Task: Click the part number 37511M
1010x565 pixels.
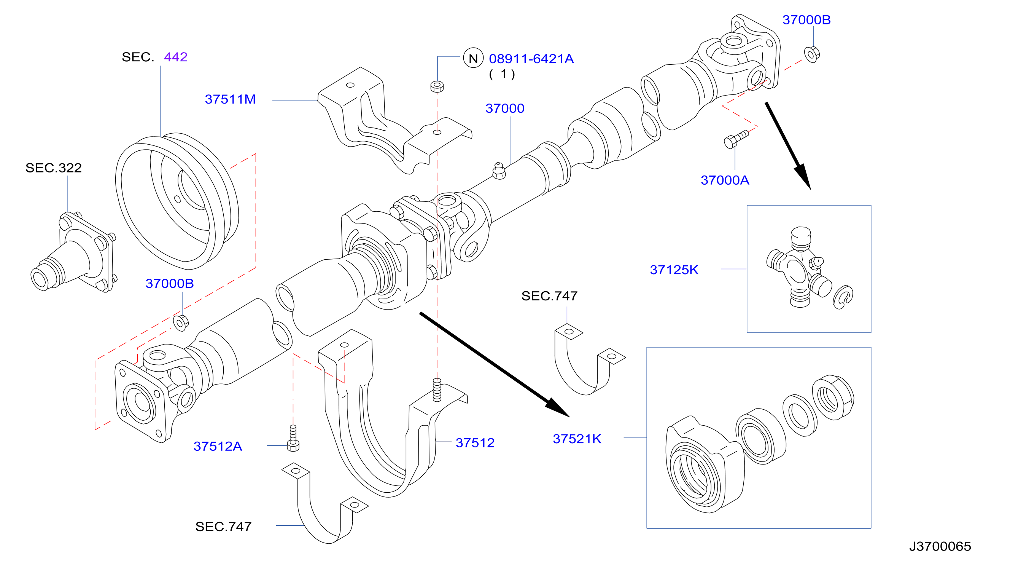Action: click(x=230, y=99)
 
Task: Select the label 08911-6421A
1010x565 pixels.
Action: click(x=531, y=59)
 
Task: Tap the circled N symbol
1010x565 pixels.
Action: click(x=473, y=58)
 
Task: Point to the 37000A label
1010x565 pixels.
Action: click(x=725, y=180)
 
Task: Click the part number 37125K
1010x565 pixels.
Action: click(x=674, y=270)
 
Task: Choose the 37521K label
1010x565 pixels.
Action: click(x=577, y=439)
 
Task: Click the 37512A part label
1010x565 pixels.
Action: click(x=218, y=446)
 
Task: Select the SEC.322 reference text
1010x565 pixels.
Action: click(x=54, y=168)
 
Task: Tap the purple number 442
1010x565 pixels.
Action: click(x=176, y=57)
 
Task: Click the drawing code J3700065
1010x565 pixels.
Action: click(x=940, y=546)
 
